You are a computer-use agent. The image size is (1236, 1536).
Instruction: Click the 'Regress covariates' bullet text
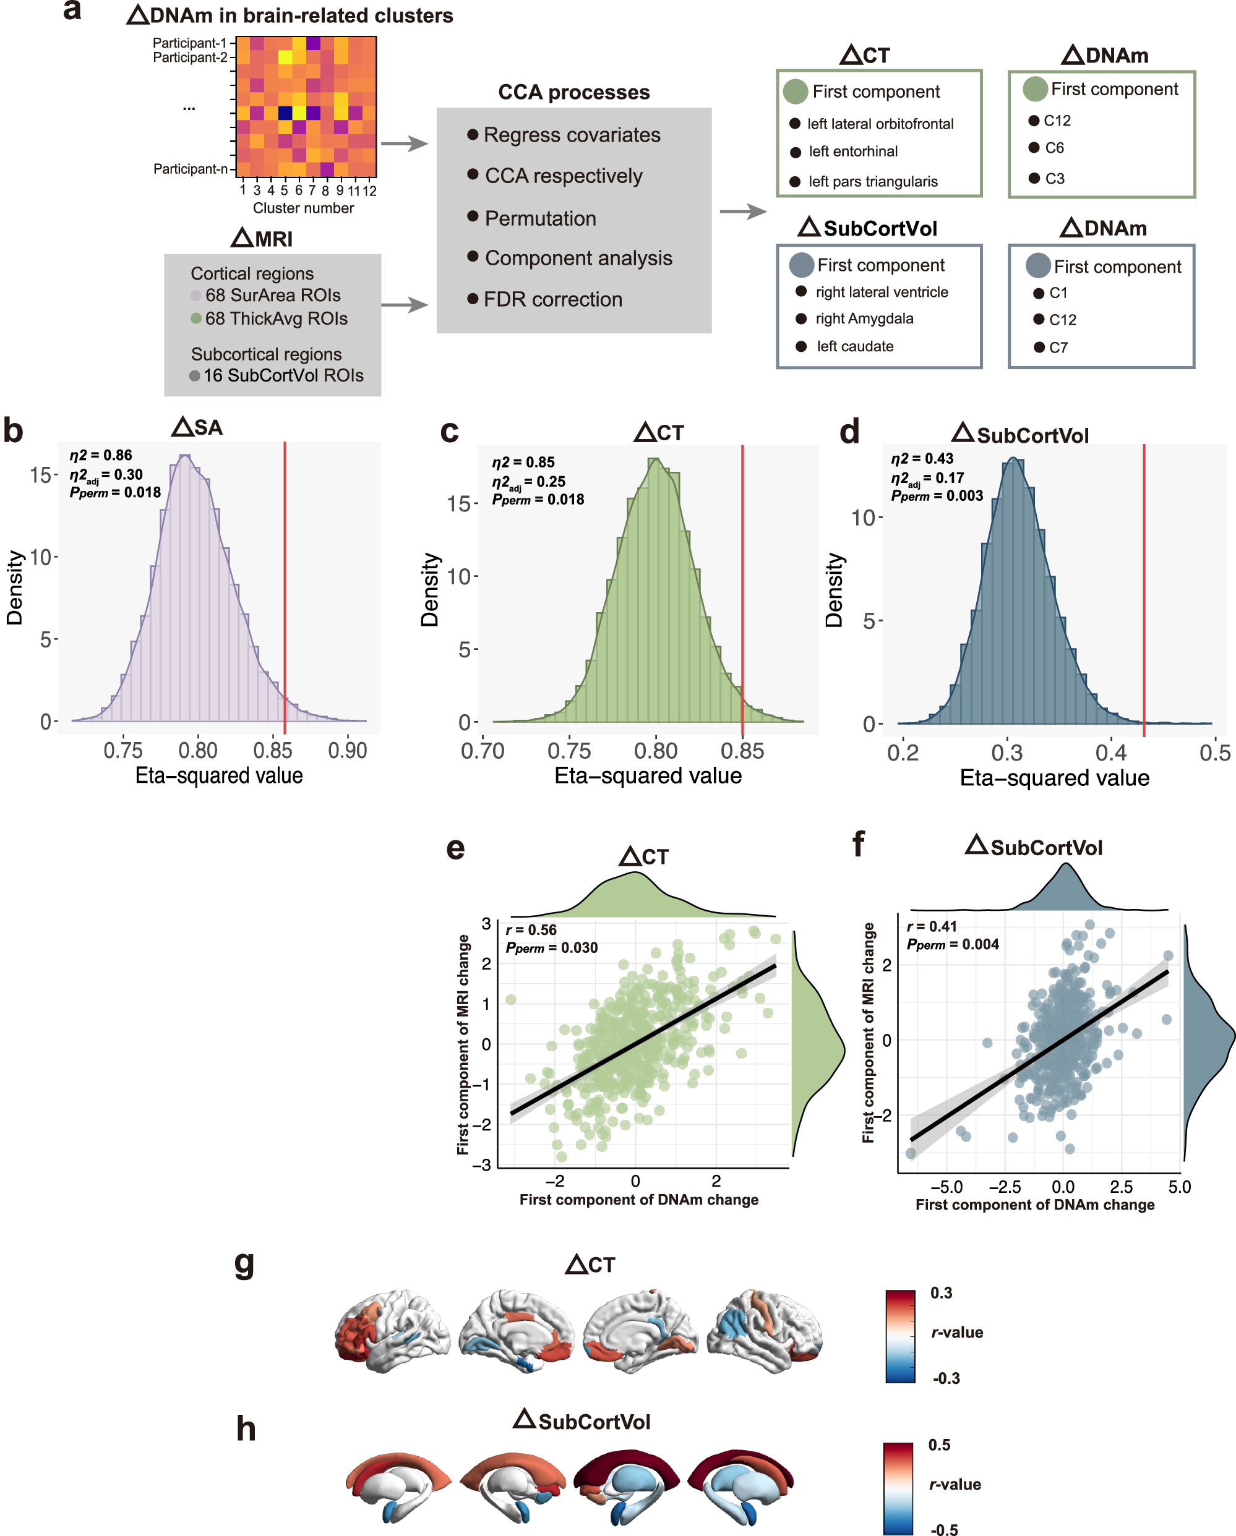point(572,135)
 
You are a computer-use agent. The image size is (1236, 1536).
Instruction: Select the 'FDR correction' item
point(552,299)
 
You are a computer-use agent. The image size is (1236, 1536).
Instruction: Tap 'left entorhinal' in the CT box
point(852,151)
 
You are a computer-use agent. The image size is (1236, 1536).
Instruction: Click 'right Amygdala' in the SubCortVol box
point(864,318)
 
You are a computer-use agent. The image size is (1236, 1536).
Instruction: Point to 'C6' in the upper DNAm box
point(1054,148)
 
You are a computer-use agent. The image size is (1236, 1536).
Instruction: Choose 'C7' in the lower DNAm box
point(1058,348)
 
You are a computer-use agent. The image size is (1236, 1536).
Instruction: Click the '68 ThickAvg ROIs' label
point(276,318)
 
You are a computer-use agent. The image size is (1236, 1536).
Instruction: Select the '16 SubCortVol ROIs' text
point(283,375)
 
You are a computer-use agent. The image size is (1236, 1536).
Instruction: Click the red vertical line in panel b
point(285,584)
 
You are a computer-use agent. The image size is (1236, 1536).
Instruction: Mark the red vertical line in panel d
point(1143,584)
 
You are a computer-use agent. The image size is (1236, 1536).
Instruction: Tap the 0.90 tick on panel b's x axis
point(347,750)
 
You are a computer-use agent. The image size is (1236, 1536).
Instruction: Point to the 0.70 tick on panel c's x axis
point(483,751)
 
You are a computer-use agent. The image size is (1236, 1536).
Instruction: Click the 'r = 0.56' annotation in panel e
point(530,930)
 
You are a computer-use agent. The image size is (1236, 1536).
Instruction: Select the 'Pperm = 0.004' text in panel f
point(952,944)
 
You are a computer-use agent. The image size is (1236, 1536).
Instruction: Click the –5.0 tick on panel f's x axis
point(946,1187)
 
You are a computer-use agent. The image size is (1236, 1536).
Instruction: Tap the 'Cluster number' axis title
point(303,208)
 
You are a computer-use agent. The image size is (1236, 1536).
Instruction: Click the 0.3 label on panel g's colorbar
point(941,1293)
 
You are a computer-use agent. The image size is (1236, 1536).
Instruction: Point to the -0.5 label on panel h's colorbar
point(944,1529)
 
